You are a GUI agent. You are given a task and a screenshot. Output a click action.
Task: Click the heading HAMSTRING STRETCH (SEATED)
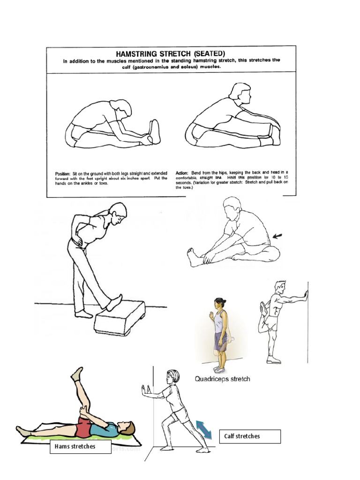(171, 54)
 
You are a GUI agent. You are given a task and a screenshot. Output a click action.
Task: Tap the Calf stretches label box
(250, 436)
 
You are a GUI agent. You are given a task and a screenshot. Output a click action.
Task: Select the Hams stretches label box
(80, 447)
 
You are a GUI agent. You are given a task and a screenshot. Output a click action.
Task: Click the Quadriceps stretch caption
(223, 379)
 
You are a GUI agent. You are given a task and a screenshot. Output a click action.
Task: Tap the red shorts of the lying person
(86, 427)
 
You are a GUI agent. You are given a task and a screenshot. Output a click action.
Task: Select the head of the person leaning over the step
(118, 213)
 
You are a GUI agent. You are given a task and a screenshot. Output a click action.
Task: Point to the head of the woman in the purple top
(220, 303)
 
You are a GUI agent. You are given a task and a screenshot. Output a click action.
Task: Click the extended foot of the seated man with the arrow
(193, 257)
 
